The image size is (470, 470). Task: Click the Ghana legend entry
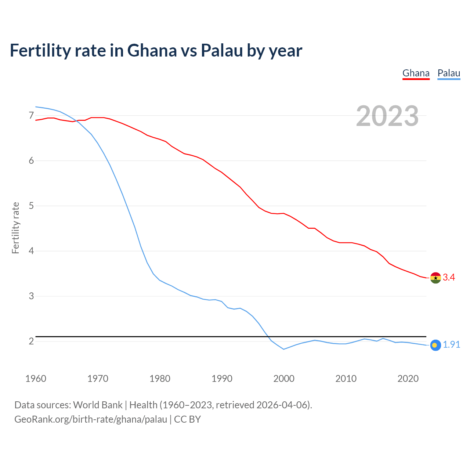point(416,73)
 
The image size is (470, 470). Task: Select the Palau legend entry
point(449,73)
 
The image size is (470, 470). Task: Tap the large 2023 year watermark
point(387,116)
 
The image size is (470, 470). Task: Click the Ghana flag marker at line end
point(435,278)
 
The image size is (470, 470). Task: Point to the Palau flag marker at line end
point(435,345)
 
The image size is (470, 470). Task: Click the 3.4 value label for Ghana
point(449,278)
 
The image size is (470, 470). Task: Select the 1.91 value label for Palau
point(451,345)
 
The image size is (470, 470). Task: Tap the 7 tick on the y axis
point(31,116)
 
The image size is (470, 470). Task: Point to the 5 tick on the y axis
point(31,206)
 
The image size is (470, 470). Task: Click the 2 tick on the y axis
point(31,341)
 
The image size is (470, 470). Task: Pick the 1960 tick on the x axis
point(36,379)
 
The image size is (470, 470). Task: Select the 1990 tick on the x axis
point(222,379)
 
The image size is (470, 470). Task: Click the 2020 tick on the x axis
point(408,379)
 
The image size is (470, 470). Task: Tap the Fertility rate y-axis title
point(15,228)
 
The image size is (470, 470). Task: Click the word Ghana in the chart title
point(152,50)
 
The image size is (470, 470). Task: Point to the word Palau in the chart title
point(222,50)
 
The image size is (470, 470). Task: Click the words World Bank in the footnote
point(98,405)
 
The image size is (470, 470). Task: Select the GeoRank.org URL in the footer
point(91,419)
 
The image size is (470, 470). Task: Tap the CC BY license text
point(187,419)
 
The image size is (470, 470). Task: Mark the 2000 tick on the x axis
point(284,379)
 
